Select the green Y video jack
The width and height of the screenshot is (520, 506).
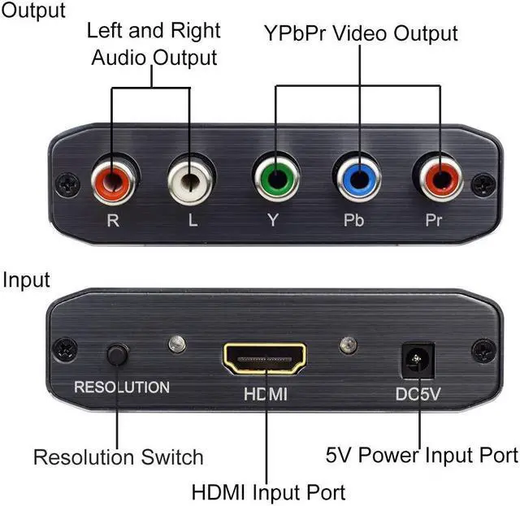pos(275,177)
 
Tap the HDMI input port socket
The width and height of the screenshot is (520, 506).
pos(265,358)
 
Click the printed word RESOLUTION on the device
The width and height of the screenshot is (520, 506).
pos(122,387)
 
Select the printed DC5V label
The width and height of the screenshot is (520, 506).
pos(419,395)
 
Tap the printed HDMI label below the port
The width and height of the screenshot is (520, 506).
pos(265,396)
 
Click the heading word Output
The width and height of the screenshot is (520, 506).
pos(32,11)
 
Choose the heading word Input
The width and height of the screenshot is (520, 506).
pos(26,280)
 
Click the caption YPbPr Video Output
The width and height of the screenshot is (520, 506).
pos(361,34)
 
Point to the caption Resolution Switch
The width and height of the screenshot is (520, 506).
pos(118,456)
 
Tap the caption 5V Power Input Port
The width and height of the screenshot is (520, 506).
pos(421,454)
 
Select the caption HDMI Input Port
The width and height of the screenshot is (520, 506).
pos(268,491)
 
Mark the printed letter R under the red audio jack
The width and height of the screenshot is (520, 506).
pos(114,220)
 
